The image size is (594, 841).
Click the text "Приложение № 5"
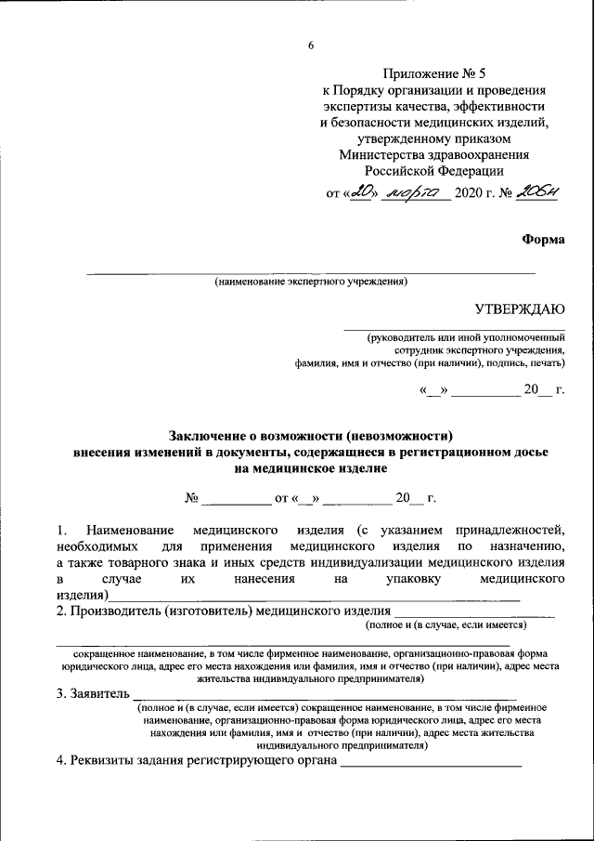tap(433, 73)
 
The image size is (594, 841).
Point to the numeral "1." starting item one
tap(61, 529)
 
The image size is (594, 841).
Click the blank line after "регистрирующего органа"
tap(432, 766)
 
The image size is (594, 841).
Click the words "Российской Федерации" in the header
tap(433, 170)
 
